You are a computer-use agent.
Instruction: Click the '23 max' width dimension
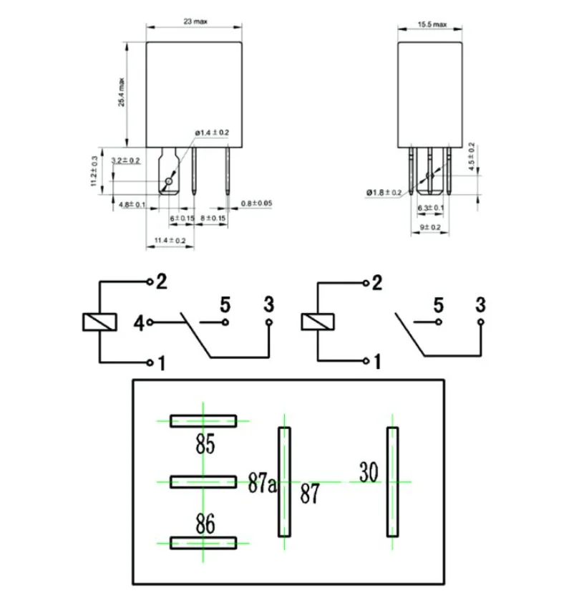195,22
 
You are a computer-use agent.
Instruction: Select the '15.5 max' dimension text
432,24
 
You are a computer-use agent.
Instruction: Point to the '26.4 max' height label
122,92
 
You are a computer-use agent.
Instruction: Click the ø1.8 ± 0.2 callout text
384,193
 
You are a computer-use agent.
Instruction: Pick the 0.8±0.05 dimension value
257,203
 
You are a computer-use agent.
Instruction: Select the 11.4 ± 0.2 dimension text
170,241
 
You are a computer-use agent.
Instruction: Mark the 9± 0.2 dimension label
430,227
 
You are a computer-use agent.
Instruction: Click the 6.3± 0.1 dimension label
430,208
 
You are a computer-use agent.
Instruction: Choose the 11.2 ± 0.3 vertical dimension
93,172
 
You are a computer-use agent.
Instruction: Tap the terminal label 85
205,445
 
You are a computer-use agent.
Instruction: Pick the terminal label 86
205,524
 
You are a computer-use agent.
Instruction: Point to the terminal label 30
369,473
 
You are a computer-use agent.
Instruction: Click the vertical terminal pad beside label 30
392,481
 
